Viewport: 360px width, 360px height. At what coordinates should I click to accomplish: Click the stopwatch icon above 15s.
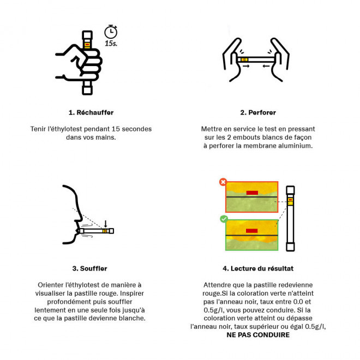[111, 32]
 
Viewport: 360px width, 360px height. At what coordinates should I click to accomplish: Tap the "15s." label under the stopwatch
[111, 43]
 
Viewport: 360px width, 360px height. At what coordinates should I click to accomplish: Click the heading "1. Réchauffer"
[91, 112]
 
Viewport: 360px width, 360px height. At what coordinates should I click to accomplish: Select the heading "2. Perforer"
[258, 112]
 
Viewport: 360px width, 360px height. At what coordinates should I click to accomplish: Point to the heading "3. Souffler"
[90, 268]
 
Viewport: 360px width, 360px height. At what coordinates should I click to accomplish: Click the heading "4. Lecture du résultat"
[258, 268]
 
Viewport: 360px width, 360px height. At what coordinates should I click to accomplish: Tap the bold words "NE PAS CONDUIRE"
[258, 335]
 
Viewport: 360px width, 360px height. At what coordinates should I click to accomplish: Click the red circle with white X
[223, 182]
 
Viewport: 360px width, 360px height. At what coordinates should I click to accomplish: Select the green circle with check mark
[224, 219]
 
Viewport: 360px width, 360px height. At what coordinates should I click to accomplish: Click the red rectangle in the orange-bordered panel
[252, 193]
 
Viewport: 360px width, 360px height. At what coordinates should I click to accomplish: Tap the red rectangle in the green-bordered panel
[251, 231]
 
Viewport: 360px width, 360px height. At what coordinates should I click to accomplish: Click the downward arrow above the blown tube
[105, 224]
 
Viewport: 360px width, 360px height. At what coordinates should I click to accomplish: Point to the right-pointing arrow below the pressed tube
[246, 66]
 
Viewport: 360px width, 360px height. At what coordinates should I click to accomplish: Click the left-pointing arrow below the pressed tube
[266, 66]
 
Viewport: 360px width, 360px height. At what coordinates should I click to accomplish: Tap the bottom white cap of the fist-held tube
[87, 90]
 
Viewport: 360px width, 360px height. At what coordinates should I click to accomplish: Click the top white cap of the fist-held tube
[87, 35]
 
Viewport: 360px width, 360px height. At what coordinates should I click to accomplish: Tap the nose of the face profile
[80, 218]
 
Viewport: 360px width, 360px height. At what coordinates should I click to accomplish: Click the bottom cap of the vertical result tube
[290, 247]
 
